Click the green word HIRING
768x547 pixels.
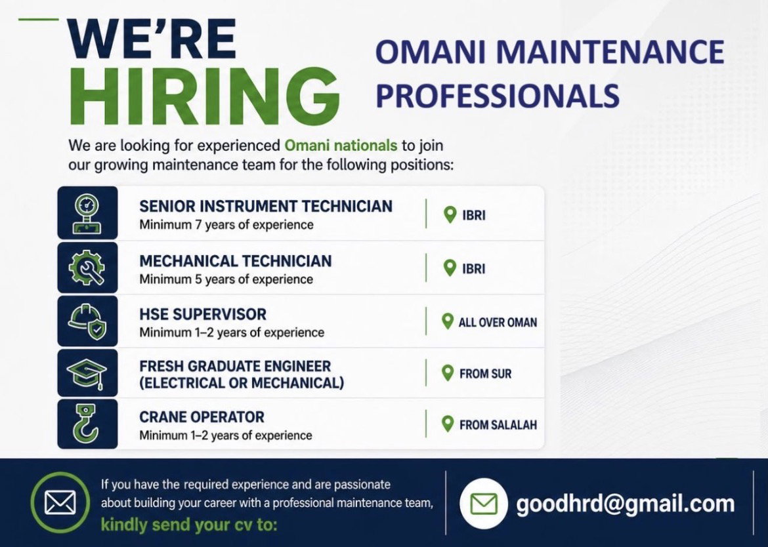(x=205, y=96)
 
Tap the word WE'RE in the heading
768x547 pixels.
(x=152, y=39)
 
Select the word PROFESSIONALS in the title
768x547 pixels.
(x=498, y=95)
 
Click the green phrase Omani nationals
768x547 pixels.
(x=341, y=146)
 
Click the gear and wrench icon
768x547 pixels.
(x=87, y=268)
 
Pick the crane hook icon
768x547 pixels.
(x=85, y=423)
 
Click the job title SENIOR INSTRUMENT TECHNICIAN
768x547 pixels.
(x=265, y=207)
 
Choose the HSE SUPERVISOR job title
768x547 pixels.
(x=203, y=314)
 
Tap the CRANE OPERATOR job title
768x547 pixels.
(x=202, y=417)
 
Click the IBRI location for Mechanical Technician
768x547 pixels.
(x=474, y=269)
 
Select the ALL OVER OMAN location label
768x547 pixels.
(x=498, y=323)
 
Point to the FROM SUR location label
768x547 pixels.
(x=485, y=374)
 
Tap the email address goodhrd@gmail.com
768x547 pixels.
(x=626, y=504)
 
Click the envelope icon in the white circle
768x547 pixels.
(x=483, y=504)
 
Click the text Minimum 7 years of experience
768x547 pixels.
(x=226, y=225)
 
